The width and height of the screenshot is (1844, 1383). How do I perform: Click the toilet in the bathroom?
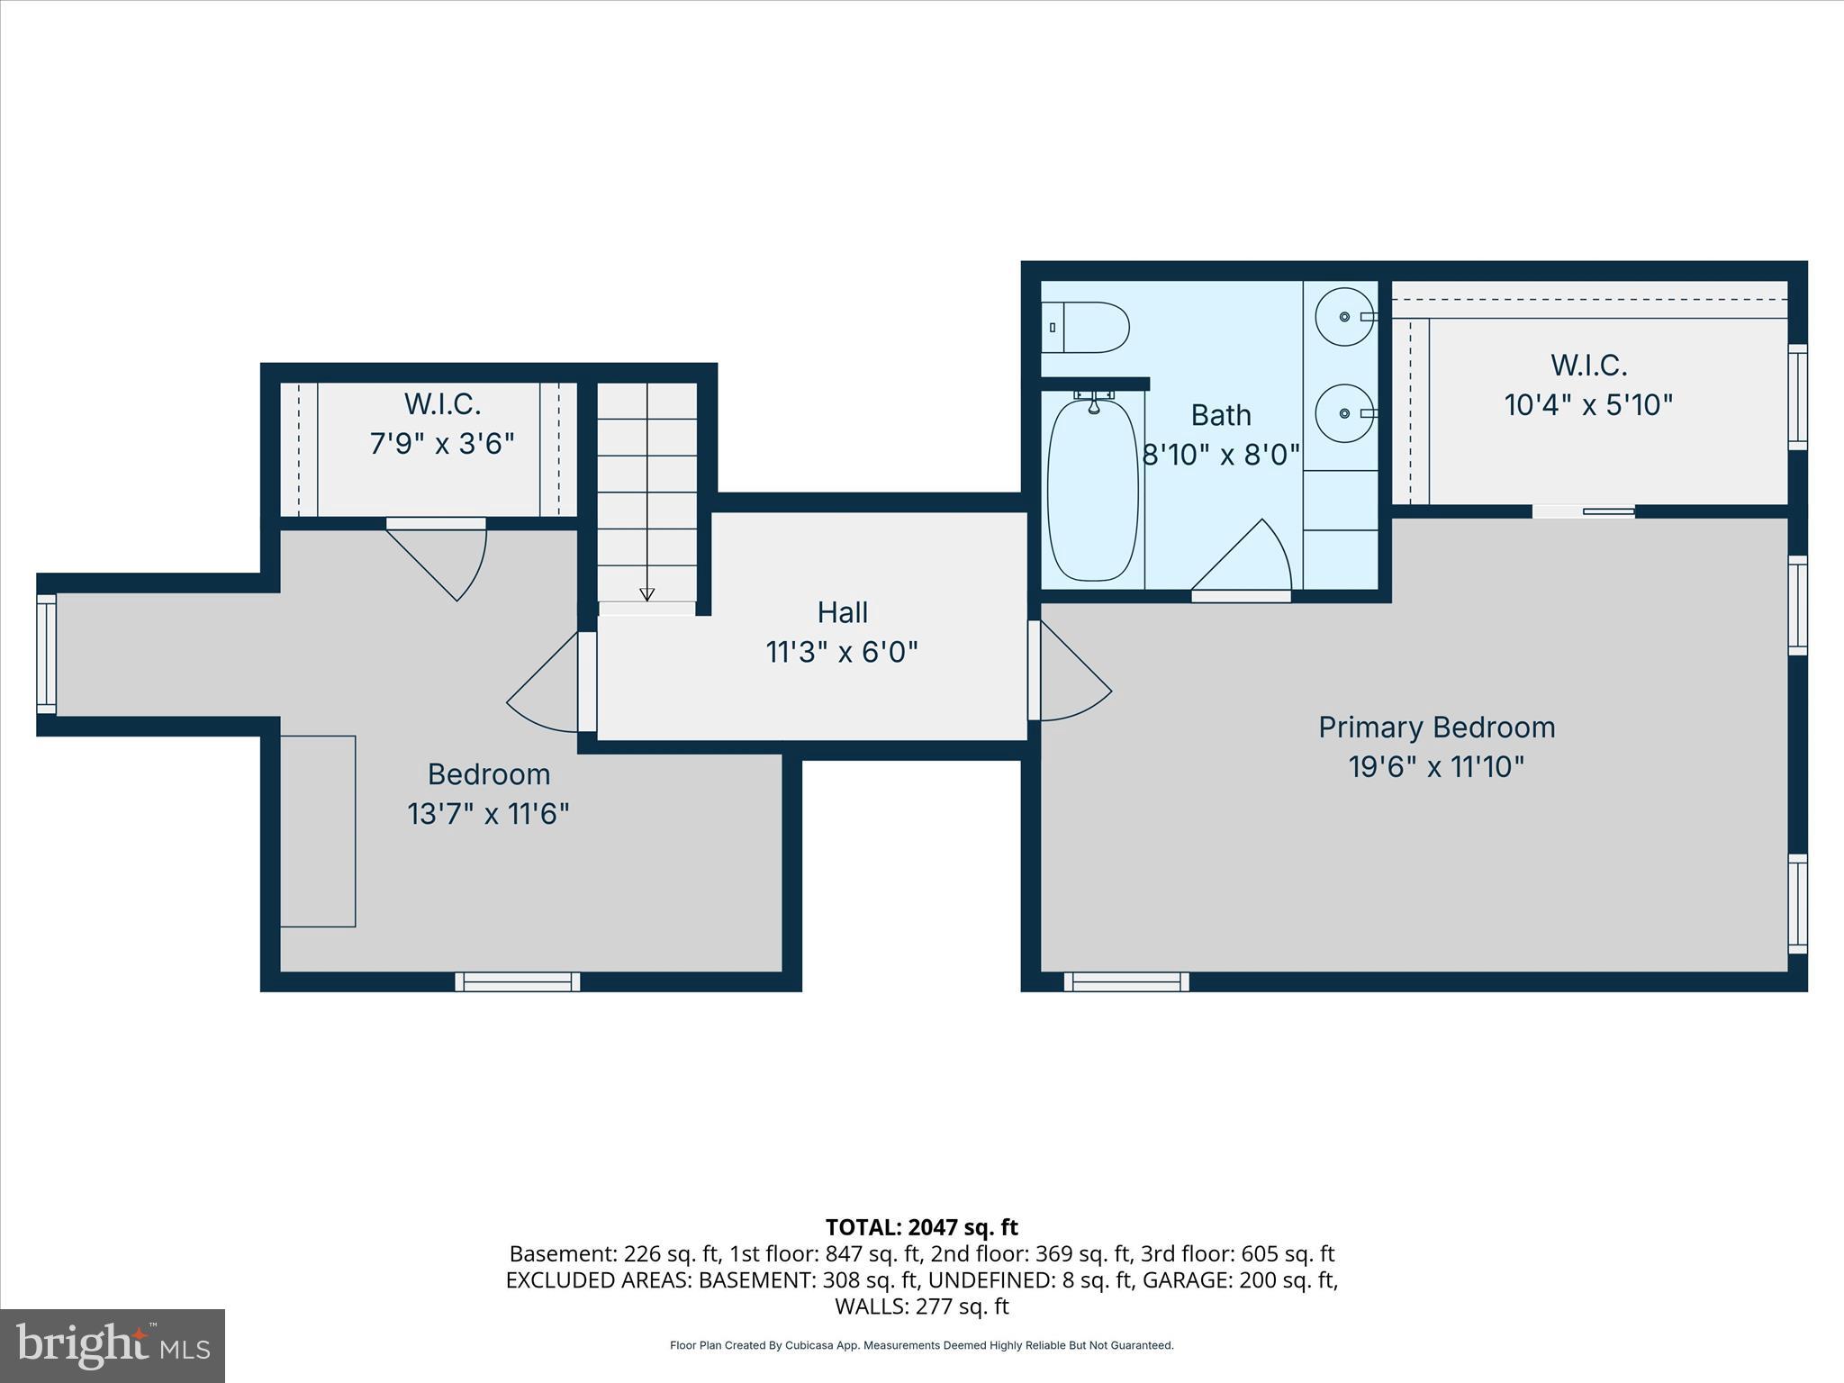pos(1088,328)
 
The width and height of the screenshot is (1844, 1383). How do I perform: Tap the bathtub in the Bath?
pos(1093,490)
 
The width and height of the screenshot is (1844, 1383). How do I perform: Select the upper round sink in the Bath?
pos(1343,317)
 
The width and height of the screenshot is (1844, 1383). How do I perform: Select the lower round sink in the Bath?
pos(1343,413)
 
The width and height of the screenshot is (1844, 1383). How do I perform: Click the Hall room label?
pos(842,612)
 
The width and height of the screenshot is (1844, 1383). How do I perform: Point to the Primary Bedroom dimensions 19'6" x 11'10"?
pos(1436,767)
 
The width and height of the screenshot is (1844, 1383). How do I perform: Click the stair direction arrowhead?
pos(646,594)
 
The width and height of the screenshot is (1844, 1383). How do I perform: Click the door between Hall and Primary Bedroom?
pos(1071,671)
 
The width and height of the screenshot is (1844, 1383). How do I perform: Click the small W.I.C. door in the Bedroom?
pos(441,558)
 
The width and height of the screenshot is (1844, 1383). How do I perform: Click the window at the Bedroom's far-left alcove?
pos(46,654)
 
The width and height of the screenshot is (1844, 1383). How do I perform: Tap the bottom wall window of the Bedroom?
pos(517,981)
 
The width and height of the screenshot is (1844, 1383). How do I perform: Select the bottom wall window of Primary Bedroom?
pos(1125,981)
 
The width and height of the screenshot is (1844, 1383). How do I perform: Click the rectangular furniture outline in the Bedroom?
pos(318,831)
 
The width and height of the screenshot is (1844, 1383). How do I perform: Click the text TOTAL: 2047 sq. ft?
pos(921,1227)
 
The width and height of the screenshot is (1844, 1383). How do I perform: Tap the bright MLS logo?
pos(113,1345)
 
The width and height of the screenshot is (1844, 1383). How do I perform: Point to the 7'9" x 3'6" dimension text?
pos(442,444)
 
